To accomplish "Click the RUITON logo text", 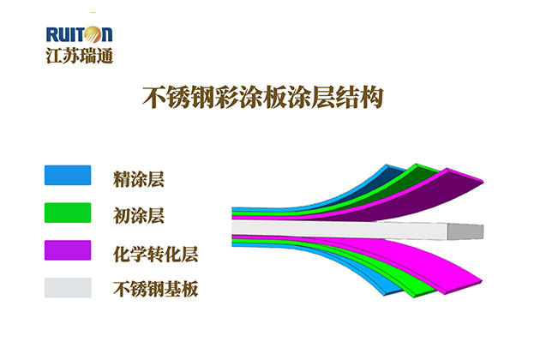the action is point(79,34).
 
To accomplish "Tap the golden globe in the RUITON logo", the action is point(93,34).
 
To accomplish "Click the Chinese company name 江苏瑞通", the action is point(79,56).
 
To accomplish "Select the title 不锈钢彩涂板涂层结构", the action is point(263,98).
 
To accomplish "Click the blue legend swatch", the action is point(68,175).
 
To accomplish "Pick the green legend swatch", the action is point(68,213).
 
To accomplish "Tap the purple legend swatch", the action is point(68,250).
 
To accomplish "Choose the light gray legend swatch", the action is point(68,288).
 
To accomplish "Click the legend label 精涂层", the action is point(139,179).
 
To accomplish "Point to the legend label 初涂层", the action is point(139,216).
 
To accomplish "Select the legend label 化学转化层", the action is point(156,255).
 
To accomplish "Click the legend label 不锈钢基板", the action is point(156,289).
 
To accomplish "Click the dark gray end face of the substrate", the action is point(465,231).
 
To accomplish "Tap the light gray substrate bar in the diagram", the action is point(339,230).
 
